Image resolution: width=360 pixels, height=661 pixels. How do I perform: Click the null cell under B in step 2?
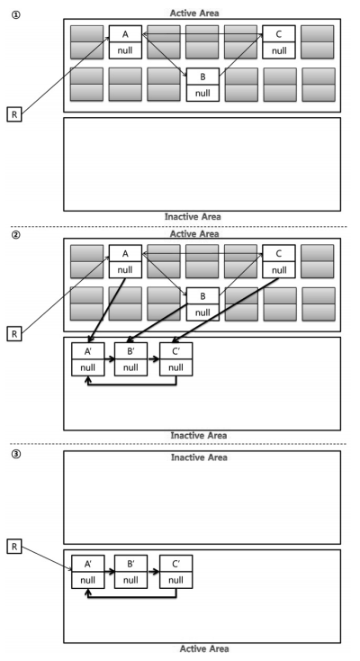coord(202,312)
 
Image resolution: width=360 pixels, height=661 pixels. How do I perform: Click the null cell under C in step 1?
coord(279,50)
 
